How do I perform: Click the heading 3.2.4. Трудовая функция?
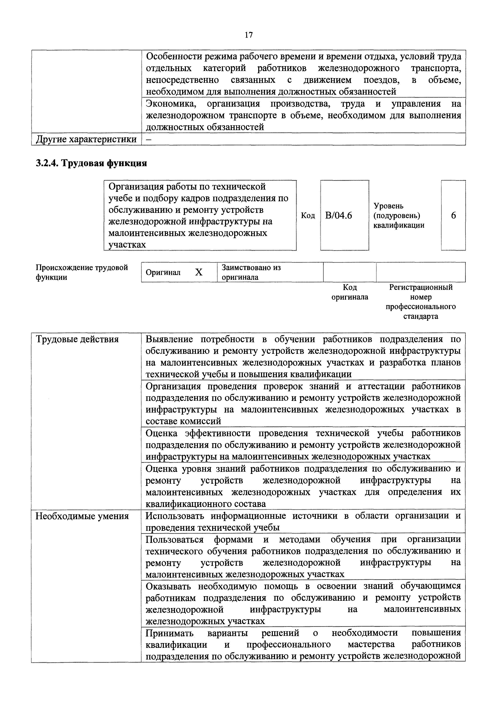[91, 163]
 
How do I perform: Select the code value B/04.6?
[339, 215]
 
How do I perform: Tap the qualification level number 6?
[453, 215]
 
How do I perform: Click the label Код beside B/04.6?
[308, 215]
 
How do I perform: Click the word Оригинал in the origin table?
[163, 272]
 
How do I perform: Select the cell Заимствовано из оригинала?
[251, 272]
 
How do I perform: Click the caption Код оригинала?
[350, 292]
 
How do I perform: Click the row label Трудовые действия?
[77, 339]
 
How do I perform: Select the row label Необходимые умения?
[82, 516]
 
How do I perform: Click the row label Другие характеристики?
[86, 139]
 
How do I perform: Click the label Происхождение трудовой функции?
[82, 272]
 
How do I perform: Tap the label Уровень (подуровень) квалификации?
[399, 215]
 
